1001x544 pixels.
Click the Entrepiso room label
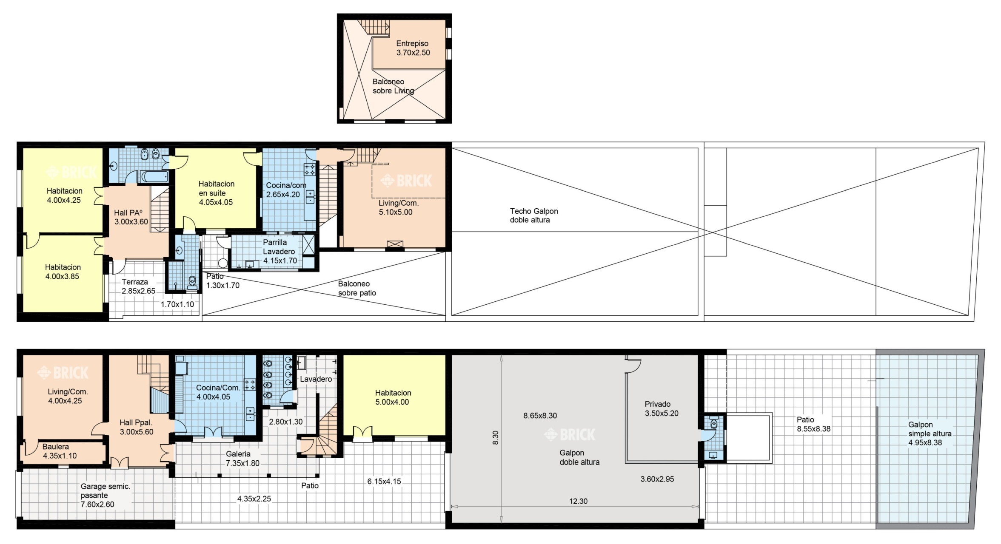[412, 43]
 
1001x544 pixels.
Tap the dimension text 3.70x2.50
[413, 53]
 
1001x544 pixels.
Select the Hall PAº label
[128, 212]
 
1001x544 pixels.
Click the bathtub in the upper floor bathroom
[154, 176]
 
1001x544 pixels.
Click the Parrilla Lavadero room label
[279, 247]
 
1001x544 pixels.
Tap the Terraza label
[135, 282]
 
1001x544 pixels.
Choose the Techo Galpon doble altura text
[534, 215]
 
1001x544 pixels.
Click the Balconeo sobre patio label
[357, 288]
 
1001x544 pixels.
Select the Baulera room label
[56, 447]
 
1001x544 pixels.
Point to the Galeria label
[238, 454]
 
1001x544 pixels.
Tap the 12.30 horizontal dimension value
[578, 501]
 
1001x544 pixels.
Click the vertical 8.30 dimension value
[496, 438]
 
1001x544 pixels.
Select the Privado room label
[657, 404]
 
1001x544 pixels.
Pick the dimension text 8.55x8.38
[813, 429]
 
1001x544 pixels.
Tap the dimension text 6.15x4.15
[384, 482]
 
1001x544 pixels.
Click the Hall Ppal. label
[136, 422]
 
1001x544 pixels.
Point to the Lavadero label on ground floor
[316, 379]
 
